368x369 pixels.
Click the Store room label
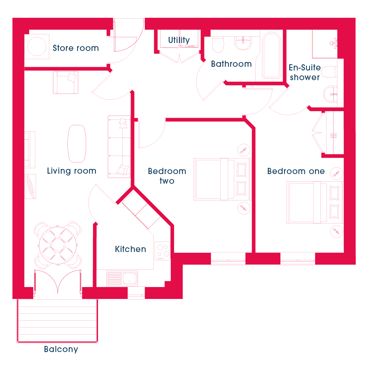click(76, 48)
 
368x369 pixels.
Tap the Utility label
click(179, 40)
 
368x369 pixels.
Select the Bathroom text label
click(231, 64)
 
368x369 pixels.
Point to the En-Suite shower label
click(305, 72)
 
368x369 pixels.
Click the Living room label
click(72, 171)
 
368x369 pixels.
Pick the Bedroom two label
click(167, 176)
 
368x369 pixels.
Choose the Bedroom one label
click(296, 171)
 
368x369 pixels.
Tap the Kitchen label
click(130, 249)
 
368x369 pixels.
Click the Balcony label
click(61, 349)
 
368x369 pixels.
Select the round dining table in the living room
click(58, 246)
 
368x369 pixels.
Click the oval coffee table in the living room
click(77, 144)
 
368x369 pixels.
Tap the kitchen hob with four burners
click(163, 251)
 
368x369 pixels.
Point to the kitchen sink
click(122, 278)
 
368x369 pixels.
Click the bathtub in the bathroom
click(272, 56)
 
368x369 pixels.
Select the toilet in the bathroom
click(218, 44)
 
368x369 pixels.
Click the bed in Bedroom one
click(314, 203)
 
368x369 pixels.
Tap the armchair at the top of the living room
click(66, 82)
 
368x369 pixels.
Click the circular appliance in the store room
click(37, 46)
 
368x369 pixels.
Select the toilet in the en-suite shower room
click(329, 72)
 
